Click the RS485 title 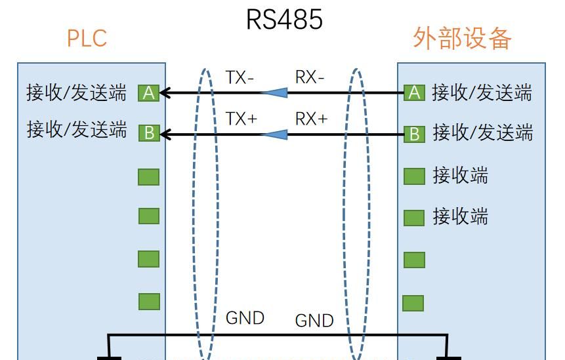point(284,19)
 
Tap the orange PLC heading point(87,38)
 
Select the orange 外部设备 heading point(462,39)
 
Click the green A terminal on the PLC point(149,93)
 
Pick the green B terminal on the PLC point(149,134)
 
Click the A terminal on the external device point(414,93)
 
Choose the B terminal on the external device point(414,134)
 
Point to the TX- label point(240,77)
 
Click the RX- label point(310,77)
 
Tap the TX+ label point(241,119)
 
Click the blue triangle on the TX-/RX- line point(275,93)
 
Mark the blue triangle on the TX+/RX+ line point(275,134)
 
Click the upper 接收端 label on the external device point(460,175)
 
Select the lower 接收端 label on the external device point(460,216)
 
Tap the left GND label point(245,318)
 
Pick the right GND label point(314,321)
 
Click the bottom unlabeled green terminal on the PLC point(149,302)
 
